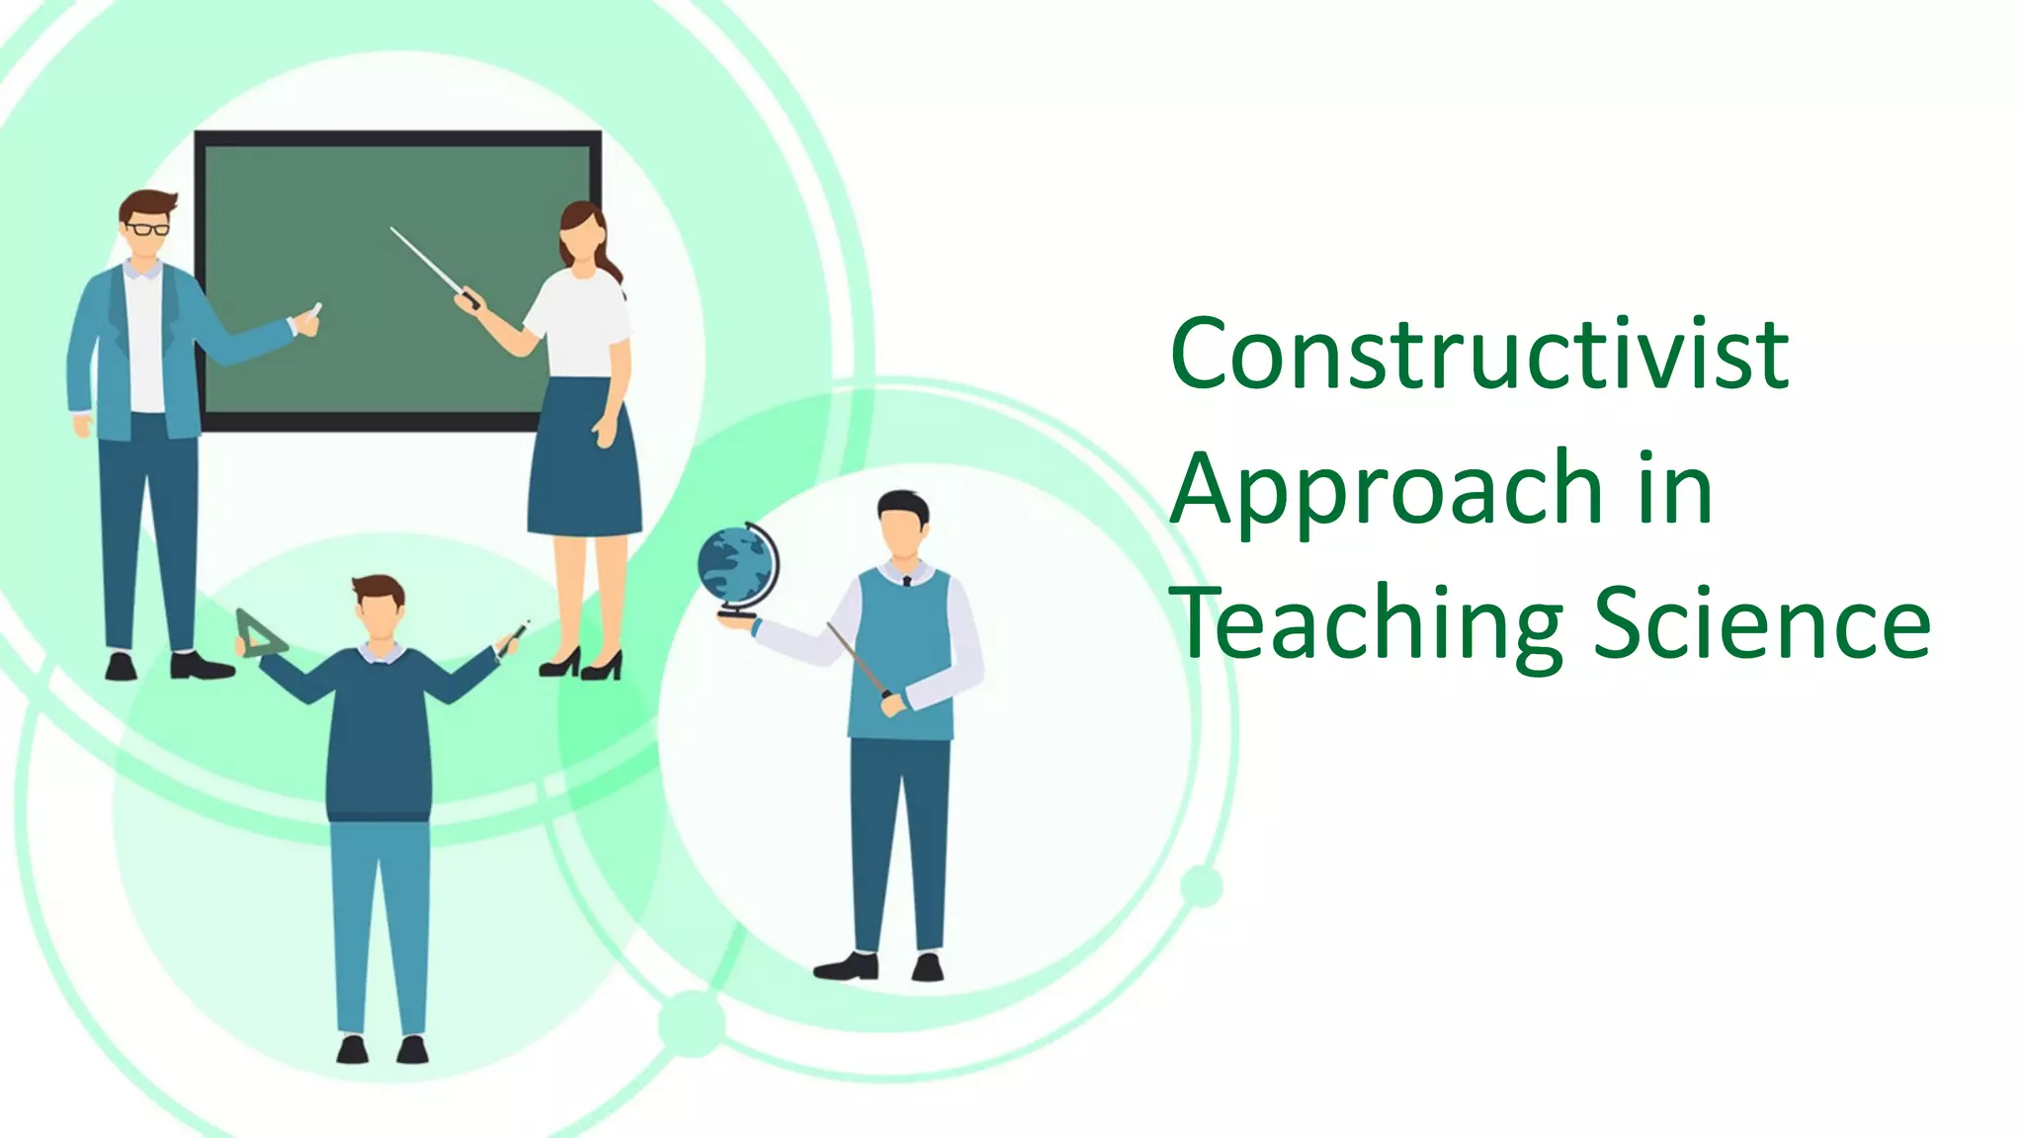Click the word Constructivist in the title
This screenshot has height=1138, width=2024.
pos(1478,354)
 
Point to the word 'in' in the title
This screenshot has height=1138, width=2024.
pos(1674,488)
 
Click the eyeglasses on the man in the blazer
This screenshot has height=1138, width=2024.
pos(148,229)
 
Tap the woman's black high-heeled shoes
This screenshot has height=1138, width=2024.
pos(582,664)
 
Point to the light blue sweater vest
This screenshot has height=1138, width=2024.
pos(901,652)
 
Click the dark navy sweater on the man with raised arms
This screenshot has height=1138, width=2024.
pos(380,731)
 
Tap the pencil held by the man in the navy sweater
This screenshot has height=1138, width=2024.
pos(515,637)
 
